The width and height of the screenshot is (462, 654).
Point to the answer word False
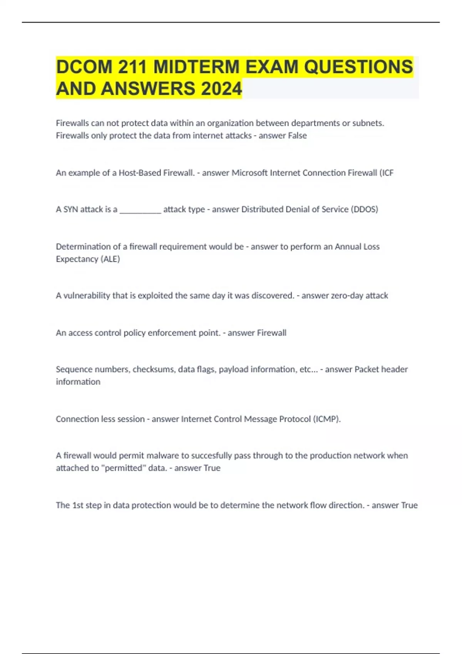(x=297, y=135)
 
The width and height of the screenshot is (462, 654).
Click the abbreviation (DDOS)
(x=364, y=209)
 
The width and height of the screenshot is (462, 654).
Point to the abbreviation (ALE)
(x=110, y=259)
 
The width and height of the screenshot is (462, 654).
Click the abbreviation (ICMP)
(x=326, y=419)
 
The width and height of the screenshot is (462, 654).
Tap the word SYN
(x=70, y=209)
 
